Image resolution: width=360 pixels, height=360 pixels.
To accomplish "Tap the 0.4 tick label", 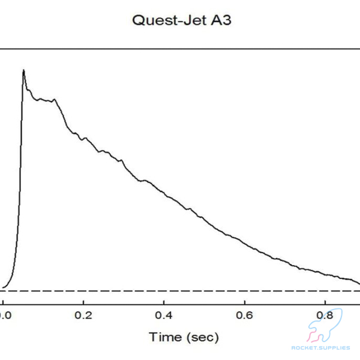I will click(164, 314).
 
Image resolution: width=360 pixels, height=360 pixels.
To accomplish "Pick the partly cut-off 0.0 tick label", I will click(3, 314).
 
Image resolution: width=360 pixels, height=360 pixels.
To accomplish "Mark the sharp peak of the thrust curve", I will click(23, 70).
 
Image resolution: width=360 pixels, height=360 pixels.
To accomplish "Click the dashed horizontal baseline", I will click(180, 291).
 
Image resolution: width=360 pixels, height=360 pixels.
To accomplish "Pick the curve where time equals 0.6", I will click(244, 243).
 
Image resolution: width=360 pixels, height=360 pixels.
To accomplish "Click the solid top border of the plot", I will click(180, 49).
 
